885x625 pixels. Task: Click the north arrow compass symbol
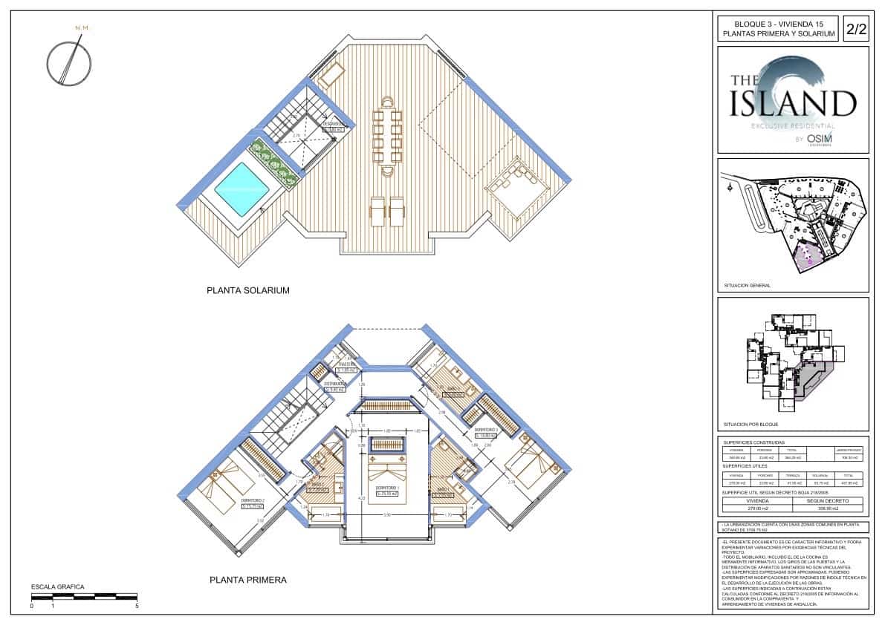[x=69, y=62]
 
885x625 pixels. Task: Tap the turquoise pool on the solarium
[x=241, y=189]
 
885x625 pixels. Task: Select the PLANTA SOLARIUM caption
[x=247, y=291]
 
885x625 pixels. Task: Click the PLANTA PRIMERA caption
[x=247, y=580]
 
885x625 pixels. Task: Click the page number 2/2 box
[x=855, y=29]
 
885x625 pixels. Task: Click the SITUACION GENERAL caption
[x=747, y=285]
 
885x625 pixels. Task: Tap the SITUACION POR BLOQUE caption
[x=750, y=425]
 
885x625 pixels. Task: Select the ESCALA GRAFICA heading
[x=57, y=586]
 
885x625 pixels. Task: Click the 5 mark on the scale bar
[x=137, y=606]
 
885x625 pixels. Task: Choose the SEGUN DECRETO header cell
[x=828, y=501]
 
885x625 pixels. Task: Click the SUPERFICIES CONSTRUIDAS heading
[x=753, y=442]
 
